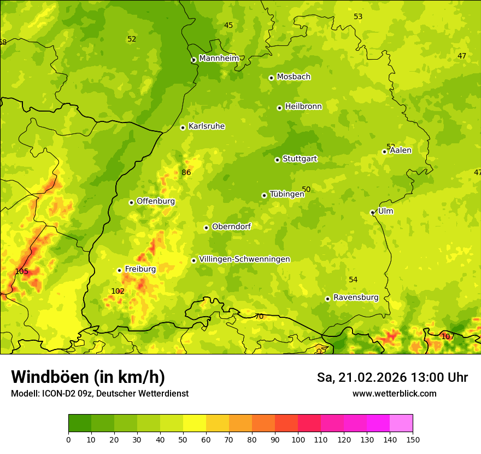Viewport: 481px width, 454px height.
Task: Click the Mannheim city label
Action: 219,59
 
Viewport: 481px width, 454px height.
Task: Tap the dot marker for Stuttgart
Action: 277,160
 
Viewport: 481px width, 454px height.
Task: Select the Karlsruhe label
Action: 207,126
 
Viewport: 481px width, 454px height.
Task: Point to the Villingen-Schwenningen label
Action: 244,259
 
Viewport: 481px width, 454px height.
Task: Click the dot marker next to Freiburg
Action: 119,270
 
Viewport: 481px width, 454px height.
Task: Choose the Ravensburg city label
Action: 355,298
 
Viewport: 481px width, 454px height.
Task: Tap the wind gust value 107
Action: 448,336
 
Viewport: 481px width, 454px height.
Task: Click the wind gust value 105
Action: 21,271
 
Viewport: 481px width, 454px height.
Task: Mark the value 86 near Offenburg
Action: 186,172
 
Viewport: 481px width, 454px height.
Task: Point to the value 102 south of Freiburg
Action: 118,291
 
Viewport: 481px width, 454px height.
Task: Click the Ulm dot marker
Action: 372,212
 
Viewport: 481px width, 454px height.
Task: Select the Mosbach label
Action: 294,77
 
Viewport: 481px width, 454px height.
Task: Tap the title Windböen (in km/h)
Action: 88,377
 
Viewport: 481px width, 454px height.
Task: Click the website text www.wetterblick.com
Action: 394,393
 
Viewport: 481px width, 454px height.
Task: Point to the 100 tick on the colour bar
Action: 298,439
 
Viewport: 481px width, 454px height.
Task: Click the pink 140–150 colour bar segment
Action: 401,423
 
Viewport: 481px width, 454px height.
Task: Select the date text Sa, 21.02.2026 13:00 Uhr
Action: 392,377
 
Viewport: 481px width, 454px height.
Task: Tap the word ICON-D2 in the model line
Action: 58,393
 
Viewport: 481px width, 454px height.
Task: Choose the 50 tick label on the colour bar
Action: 183,439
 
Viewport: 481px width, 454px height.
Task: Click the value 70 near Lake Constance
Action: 259,316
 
